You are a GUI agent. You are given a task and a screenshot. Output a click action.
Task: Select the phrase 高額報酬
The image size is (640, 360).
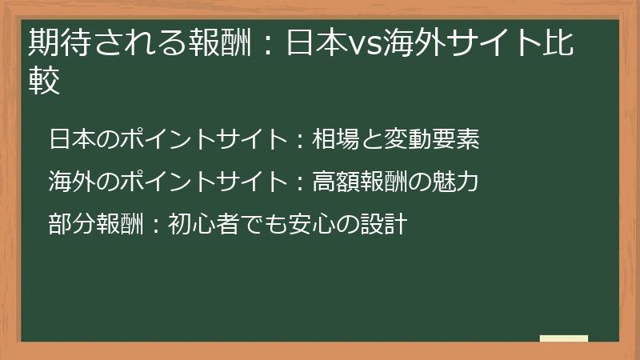(360, 182)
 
